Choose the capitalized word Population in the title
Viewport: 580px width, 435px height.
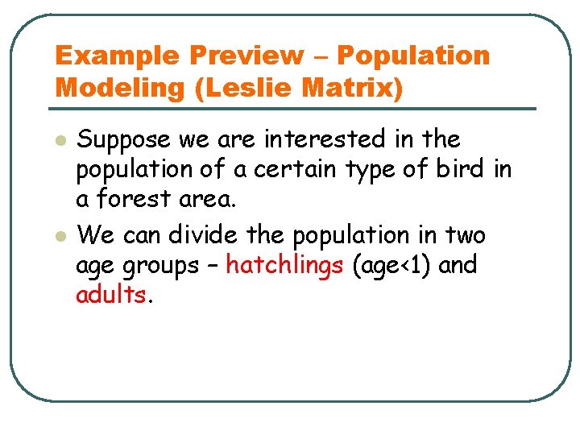pyautogui.click(x=413, y=56)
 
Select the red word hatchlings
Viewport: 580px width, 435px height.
pyautogui.click(x=284, y=265)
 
